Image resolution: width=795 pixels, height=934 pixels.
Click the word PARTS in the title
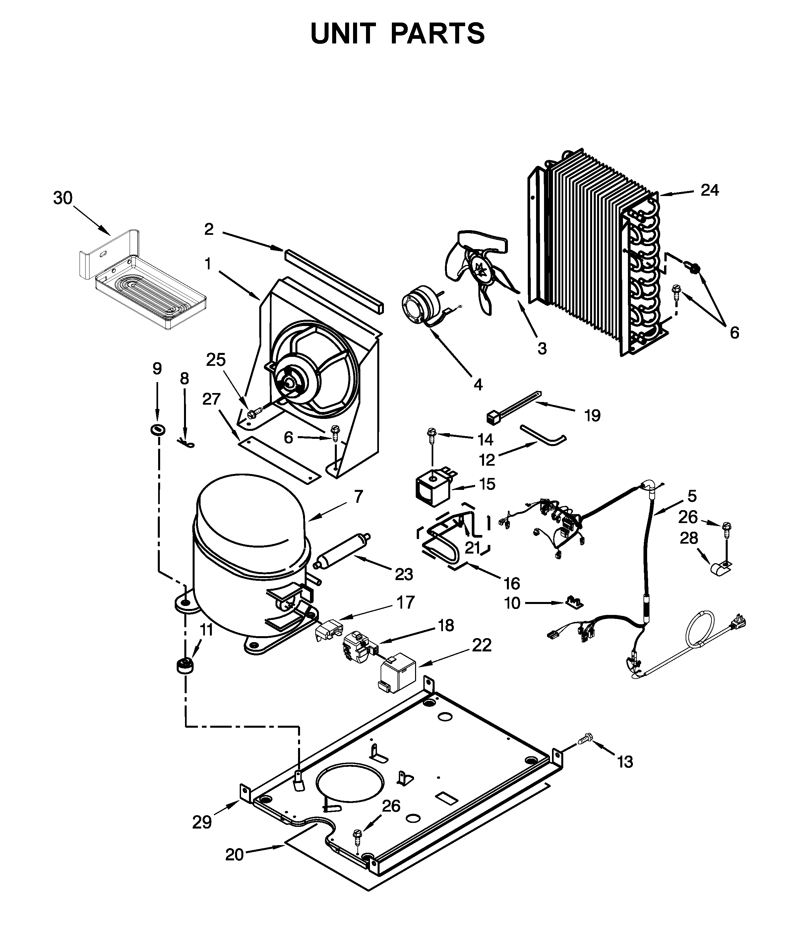[x=438, y=34]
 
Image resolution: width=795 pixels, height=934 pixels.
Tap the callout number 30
[x=63, y=198]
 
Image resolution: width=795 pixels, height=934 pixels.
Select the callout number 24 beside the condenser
[x=709, y=190]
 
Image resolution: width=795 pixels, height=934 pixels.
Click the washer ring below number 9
[x=157, y=430]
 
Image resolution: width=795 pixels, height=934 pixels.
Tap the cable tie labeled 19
[x=514, y=407]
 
